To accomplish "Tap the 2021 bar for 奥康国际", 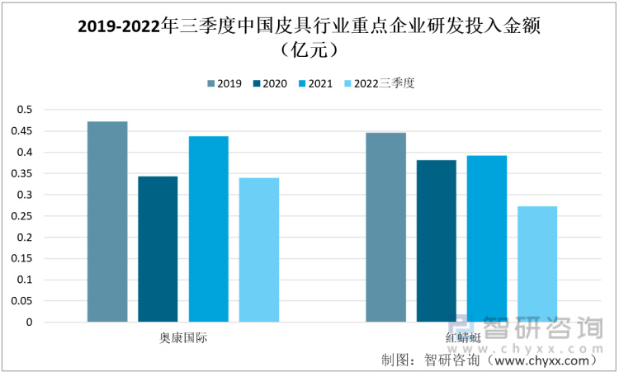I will point(208,228).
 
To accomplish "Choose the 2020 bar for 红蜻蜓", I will point(437,240).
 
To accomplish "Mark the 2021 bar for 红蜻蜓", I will point(487,238).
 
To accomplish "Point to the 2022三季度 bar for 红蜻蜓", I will point(537,264).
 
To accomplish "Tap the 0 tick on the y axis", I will point(28,323).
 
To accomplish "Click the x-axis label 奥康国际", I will point(183,339).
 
